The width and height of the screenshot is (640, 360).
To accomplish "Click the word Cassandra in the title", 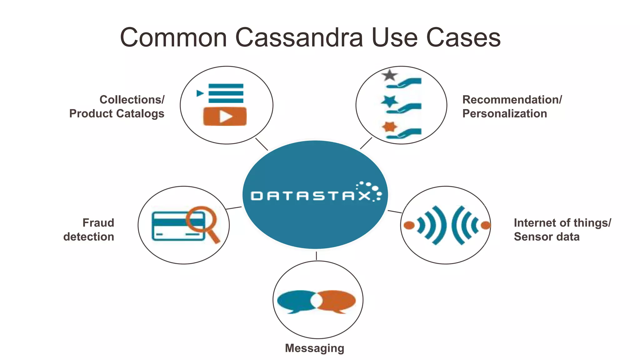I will tap(299, 37).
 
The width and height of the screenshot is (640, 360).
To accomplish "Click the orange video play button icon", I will tap(225, 117).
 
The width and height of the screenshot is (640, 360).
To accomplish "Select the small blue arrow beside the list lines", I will tap(200, 93).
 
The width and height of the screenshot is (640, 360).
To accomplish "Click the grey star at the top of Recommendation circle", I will tap(389, 76).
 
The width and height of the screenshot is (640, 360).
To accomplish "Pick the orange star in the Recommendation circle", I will tap(389, 127).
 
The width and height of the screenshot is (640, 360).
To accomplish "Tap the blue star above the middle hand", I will tap(389, 101).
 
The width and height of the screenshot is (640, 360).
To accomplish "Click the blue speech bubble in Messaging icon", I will tap(295, 301).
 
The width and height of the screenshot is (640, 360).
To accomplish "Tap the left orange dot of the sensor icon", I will tap(409, 225).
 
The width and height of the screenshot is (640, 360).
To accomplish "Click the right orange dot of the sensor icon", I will tap(485, 225).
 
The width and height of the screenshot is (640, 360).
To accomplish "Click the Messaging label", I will tap(314, 348).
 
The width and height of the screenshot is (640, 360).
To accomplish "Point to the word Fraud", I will tap(98, 223).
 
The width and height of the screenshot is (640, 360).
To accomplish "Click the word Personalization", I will tap(504, 113).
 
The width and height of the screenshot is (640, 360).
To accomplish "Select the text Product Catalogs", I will tap(117, 113).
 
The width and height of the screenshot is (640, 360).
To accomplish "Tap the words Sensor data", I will tap(547, 237).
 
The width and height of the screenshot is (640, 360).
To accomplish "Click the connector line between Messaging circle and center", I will tap(316, 256).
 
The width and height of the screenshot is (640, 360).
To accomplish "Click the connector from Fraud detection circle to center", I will tap(234, 208).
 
